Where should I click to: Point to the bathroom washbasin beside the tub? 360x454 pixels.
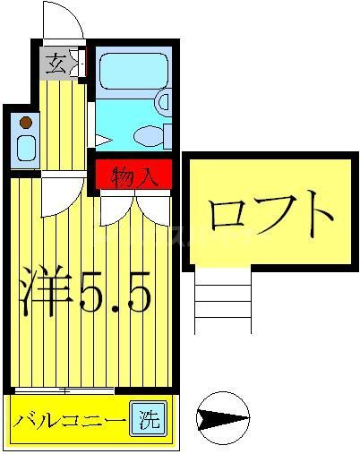163,101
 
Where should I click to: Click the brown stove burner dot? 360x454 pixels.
26,122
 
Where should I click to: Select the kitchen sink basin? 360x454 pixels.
25,147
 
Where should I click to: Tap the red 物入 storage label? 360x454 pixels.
134,176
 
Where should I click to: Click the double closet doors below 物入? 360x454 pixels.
134,208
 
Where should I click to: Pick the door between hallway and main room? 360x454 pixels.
59,190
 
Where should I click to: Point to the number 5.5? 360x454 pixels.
112,288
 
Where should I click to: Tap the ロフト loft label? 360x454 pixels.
269,214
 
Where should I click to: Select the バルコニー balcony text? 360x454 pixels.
68,419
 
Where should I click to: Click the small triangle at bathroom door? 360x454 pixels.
104,140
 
